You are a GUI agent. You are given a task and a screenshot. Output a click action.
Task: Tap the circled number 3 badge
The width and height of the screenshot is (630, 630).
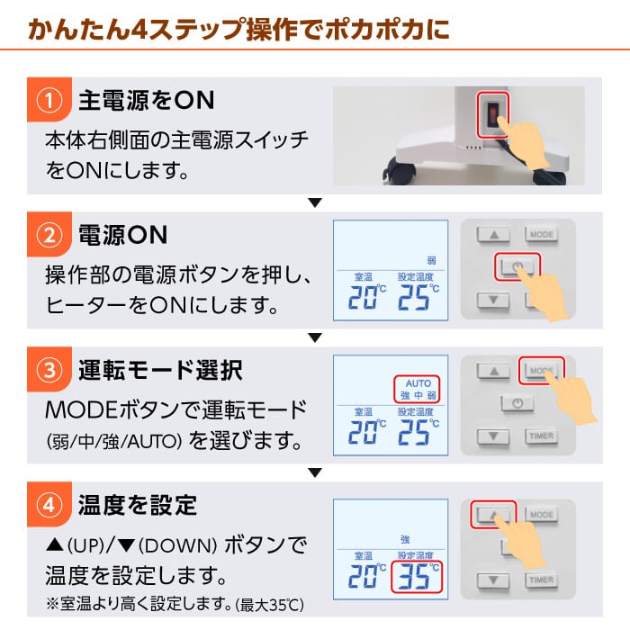49,369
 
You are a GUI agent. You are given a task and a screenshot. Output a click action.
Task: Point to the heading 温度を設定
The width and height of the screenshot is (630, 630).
138,504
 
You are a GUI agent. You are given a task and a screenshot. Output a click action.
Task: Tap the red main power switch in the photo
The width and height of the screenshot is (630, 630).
492,115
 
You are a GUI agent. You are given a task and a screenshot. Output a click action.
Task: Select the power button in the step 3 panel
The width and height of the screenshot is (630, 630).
517,404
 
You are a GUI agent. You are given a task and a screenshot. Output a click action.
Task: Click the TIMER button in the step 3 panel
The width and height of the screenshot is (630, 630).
542,436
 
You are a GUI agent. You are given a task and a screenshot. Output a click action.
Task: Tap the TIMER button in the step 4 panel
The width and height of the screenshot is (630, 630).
542,580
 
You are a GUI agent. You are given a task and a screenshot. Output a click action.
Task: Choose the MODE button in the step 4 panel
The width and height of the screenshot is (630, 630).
542,514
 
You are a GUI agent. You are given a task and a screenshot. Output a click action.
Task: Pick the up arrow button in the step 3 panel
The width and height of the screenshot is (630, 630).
493,371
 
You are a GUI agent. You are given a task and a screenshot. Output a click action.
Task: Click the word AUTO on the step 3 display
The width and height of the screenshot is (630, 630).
418,383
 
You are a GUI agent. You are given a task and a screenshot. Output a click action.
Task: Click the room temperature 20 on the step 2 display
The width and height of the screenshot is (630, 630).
362,299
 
